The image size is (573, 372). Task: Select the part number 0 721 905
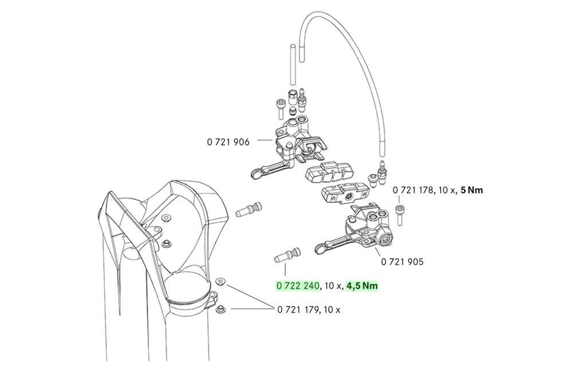(402, 262)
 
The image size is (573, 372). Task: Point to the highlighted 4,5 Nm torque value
(363, 285)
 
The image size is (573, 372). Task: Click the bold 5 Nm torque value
(472, 190)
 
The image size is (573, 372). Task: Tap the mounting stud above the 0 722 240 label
(287, 254)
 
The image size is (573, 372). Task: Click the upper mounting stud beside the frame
(249, 208)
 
